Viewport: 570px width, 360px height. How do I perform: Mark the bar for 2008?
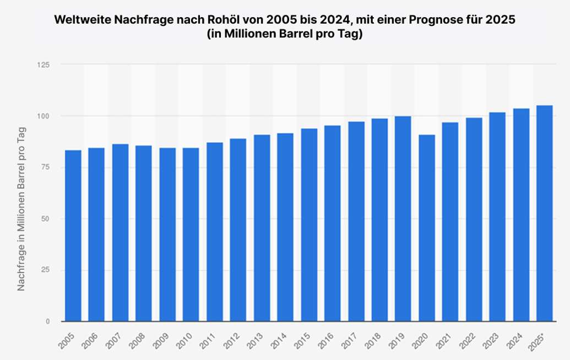point(144,233)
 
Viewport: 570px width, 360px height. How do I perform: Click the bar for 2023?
point(497,217)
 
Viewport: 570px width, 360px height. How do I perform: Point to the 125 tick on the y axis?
point(43,65)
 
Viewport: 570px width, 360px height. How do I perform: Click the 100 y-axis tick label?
point(43,116)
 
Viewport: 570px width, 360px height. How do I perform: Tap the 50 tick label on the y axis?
point(45,219)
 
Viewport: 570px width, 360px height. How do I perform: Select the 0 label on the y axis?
point(47,321)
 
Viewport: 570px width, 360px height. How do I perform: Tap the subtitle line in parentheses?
point(285,34)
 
